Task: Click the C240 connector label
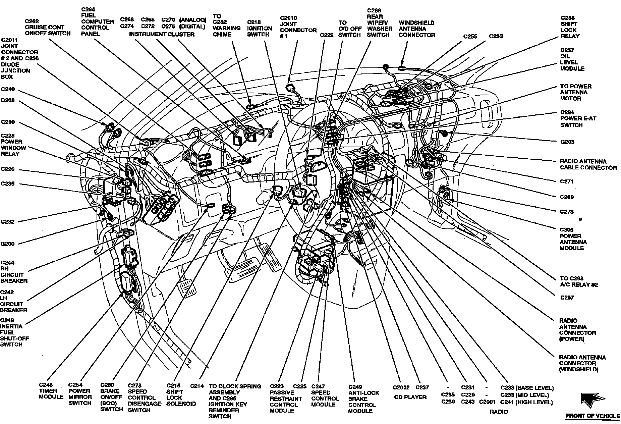tap(8, 89)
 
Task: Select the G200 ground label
tap(7, 244)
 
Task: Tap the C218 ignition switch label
tap(259, 28)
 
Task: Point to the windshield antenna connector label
tap(417, 29)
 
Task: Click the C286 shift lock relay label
tap(570, 27)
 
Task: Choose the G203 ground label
tap(567, 142)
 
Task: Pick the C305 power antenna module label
tap(573, 239)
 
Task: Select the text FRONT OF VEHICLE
tap(593, 416)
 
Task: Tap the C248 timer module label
tap(51, 391)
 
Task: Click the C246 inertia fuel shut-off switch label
tap(14, 332)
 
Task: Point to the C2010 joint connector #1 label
tap(298, 27)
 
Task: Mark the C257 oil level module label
tap(572, 59)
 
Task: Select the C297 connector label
tap(567, 298)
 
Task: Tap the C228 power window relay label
tap(13, 145)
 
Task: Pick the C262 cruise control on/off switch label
tap(48, 27)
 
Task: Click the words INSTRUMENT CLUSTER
tap(162, 34)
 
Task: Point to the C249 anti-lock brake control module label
tap(363, 399)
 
